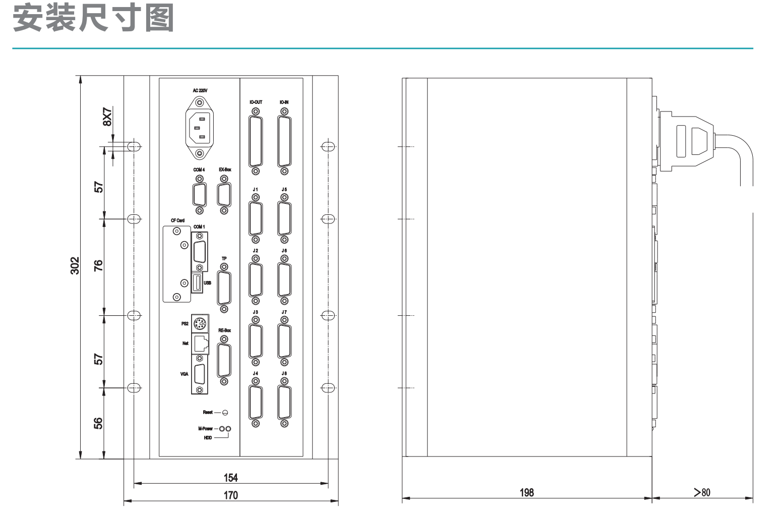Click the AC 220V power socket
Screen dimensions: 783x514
(199, 128)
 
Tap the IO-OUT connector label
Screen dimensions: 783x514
(256, 102)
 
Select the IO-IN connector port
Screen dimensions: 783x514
(284, 141)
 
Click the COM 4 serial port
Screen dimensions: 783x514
(199, 195)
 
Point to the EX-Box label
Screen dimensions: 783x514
(225, 169)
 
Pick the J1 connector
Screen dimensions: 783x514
(256, 218)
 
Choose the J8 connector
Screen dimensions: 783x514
(284, 403)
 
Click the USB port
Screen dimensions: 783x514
(197, 282)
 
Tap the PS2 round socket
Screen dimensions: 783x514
(200, 323)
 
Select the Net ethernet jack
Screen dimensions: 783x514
(200, 344)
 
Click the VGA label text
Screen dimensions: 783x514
(184, 374)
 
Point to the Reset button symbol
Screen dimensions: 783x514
(225, 413)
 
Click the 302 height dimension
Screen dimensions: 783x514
(75, 266)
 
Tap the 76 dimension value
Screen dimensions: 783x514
(98, 266)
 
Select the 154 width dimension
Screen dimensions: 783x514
(231, 478)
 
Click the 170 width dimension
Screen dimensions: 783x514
(231, 495)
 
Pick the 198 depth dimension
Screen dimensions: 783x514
(527, 492)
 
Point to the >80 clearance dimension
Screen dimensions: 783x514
(702, 492)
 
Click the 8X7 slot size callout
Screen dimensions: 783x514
(107, 117)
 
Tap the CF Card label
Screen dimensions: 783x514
(177, 220)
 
